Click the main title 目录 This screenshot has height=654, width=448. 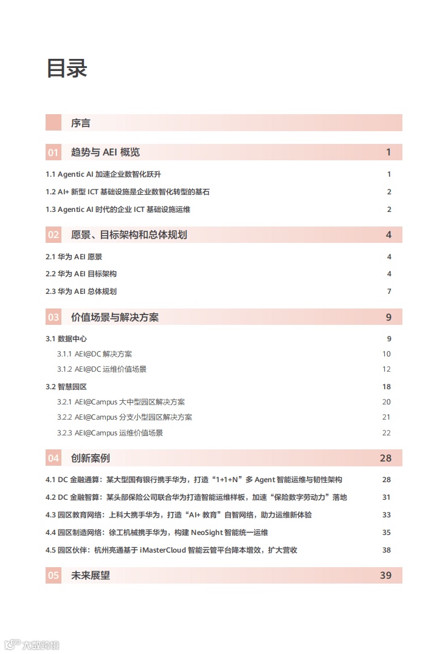[67, 68]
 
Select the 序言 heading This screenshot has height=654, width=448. [81, 123]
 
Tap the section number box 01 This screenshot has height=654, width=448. [53, 152]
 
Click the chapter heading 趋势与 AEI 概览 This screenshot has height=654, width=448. [105, 152]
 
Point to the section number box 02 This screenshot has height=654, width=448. [53, 235]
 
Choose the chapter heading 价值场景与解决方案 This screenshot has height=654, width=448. [115, 317]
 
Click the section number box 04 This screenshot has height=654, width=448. [53, 458]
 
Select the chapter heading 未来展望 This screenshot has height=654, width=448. [91, 575]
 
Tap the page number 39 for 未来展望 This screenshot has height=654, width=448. [385, 575]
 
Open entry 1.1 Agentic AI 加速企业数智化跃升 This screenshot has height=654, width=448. [103, 174]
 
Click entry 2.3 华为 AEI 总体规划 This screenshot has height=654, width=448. [81, 291]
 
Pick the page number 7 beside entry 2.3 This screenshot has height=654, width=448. [389, 291]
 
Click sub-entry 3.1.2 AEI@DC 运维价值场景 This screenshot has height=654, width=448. [102, 369]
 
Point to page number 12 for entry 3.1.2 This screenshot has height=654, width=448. [387, 369]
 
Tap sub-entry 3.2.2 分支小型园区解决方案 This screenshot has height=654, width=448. [125, 417]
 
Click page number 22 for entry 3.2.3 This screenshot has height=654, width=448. [387, 433]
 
